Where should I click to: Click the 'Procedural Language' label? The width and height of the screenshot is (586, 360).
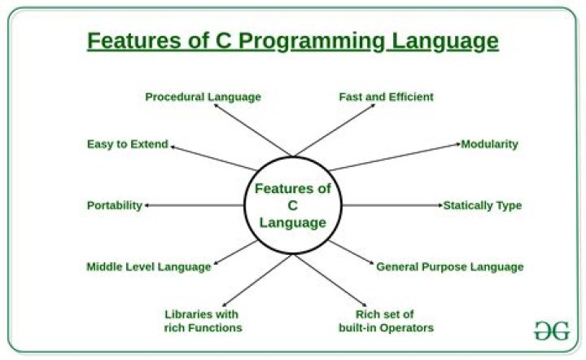tap(203, 97)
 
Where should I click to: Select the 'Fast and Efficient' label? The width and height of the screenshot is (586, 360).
tap(386, 97)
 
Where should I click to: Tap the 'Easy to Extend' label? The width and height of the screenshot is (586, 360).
tap(127, 144)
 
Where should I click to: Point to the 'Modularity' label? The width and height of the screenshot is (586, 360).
tap(489, 144)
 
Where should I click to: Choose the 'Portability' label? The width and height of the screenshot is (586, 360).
tap(114, 205)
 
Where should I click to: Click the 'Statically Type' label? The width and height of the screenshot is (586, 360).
tap(482, 205)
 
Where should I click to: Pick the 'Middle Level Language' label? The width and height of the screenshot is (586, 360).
tap(148, 266)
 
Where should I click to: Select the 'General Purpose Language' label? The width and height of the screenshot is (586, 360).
tap(448, 266)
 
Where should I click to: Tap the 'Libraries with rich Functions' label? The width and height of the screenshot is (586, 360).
tap(202, 321)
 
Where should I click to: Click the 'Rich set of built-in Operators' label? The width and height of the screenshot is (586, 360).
tap(385, 321)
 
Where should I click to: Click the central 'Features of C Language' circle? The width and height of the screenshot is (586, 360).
tap(293, 206)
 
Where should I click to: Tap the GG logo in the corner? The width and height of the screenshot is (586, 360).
tap(552, 331)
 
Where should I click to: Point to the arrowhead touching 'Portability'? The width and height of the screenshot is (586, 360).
tap(147, 206)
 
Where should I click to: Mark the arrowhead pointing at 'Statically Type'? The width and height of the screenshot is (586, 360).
tap(439, 206)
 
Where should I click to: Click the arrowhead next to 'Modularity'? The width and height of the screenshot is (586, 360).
tap(457, 145)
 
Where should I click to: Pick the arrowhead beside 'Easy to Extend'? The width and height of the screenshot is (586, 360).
tap(173, 147)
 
